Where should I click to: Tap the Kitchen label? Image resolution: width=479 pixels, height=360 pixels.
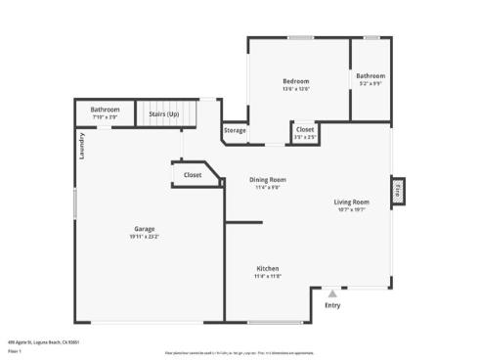click(x=268, y=268)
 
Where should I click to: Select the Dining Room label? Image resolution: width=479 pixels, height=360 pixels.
click(x=268, y=179)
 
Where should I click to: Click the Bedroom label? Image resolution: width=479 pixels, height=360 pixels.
click(x=296, y=80)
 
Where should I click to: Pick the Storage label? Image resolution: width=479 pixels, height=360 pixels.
click(x=235, y=130)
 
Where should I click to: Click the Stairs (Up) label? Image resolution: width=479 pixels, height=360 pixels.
click(x=163, y=113)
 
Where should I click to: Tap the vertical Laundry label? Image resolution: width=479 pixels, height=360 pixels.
click(x=83, y=146)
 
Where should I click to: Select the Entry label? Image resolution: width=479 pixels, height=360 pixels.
click(x=333, y=305)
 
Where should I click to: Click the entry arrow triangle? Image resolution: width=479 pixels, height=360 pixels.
click(x=333, y=292)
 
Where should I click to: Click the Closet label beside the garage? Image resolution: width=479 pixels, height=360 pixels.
click(x=192, y=175)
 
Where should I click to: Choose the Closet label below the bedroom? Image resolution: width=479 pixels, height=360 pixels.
click(x=305, y=129)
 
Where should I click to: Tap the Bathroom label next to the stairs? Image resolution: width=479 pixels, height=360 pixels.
click(x=105, y=110)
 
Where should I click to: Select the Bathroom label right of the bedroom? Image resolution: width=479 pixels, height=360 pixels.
click(x=370, y=76)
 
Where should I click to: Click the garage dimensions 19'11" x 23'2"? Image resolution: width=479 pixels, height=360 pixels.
click(x=144, y=237)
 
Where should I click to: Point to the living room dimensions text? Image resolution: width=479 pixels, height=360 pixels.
click(x=352, y=209)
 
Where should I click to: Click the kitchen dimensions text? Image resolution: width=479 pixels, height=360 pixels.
click(x=268, y=276)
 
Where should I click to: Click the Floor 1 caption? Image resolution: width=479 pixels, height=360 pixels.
click(x=15, y=349)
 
